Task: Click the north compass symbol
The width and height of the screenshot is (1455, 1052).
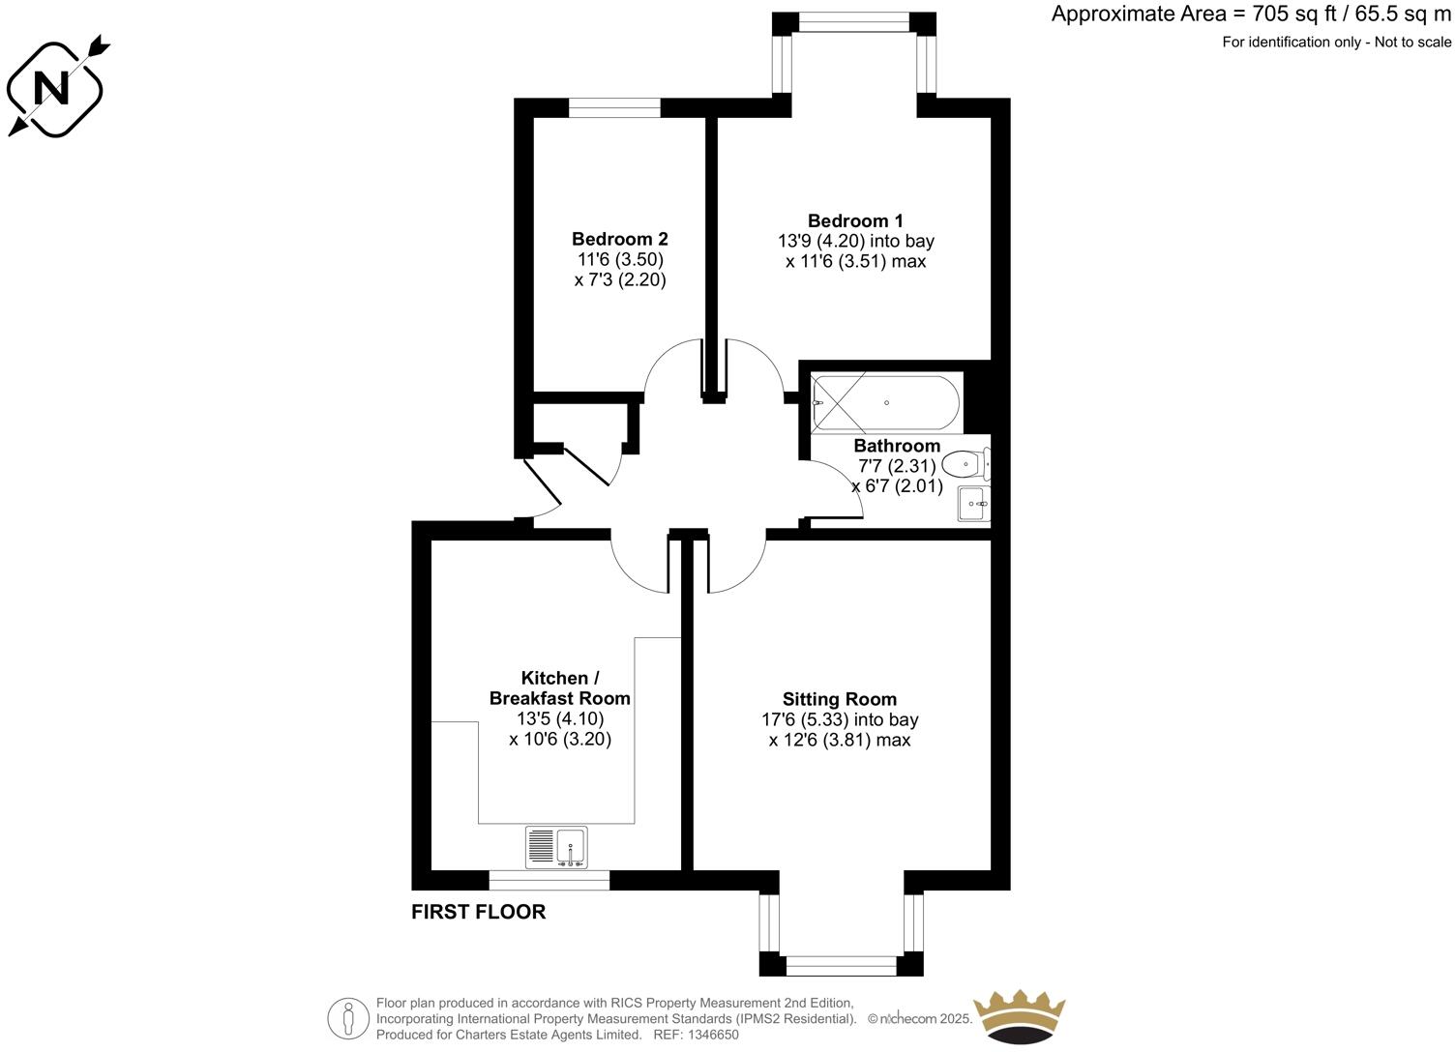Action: click(54, 88)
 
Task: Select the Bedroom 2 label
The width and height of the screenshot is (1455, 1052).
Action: click(619, 239)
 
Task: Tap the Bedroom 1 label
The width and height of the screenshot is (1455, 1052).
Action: click(855, 220)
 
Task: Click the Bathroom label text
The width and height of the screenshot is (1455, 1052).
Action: click(897, 446)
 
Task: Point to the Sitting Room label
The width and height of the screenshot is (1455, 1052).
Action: click(839, 699)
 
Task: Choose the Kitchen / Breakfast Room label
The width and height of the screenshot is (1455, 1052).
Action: click(559, 687)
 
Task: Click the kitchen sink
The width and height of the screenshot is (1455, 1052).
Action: click(556, 847)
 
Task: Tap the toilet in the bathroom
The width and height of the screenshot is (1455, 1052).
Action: click(965, 465)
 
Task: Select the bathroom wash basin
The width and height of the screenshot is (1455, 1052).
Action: click(973, 504)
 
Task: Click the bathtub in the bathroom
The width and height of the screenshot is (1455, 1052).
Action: click(886, 402)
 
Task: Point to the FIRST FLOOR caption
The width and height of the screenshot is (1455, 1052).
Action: click(478, 912)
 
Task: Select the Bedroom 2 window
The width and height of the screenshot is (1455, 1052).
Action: click(614, 107)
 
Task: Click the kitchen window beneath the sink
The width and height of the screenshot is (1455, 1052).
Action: click(549, 880)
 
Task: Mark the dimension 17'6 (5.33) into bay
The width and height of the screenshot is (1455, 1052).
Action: click(839, 719)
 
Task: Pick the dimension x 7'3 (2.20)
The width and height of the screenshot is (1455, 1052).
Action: click(619, 280)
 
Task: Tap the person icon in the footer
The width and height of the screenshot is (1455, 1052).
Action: click(348, 1018)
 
